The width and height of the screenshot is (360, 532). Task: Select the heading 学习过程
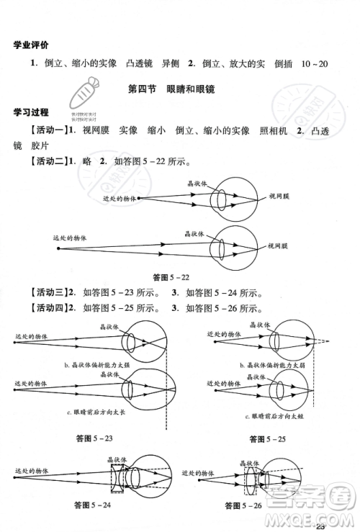[31, 112]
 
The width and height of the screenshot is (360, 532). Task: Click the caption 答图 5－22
[171, 277]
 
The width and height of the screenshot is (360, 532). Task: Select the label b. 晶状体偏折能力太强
[96, 364]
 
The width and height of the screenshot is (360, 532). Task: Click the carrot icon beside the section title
[86, 94]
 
